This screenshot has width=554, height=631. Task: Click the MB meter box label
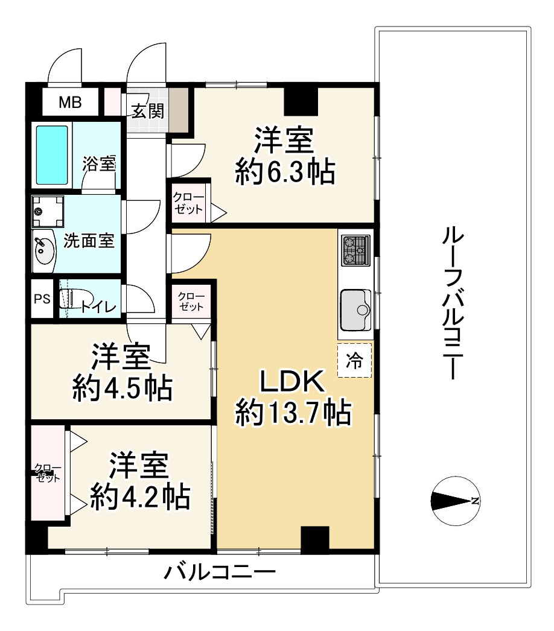69,103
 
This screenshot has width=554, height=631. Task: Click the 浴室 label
98,164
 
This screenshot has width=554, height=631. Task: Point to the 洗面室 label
89,241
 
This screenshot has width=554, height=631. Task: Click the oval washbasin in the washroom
43,250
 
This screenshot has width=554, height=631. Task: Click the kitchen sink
355,309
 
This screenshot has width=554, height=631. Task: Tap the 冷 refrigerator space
354,361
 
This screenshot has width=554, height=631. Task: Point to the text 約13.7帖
293,414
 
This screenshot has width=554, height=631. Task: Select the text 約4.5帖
121,389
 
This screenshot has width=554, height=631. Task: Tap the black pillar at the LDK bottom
314,539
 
